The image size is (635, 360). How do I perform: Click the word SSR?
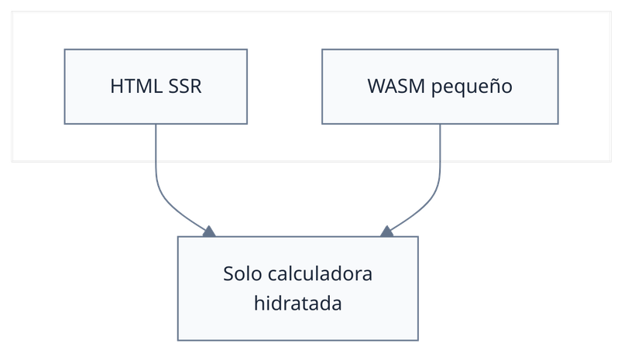click(x=185, y=86)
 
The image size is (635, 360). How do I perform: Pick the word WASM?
click(x=392, y=86)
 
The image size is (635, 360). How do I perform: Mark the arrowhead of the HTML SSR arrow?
click(x=208, y=231)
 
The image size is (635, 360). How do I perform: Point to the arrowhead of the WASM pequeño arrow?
click(x=386, y=231)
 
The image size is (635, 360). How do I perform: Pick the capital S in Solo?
click(x=228, y=274)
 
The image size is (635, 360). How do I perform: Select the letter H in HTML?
click(x=117, y=86)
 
